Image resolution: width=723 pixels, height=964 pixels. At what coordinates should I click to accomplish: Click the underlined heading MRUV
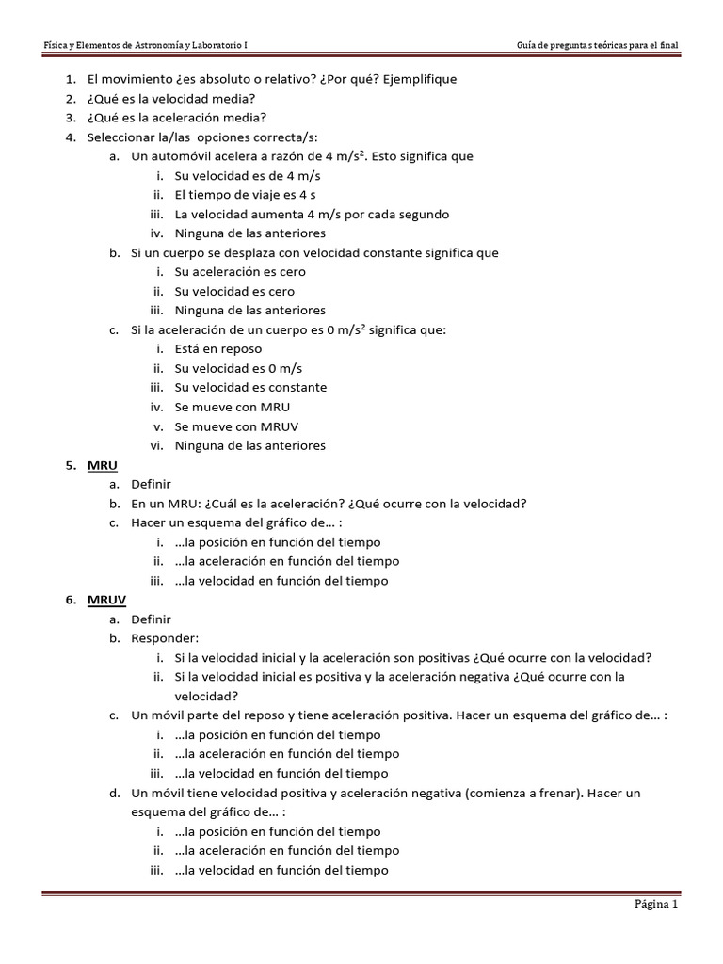(x=105, y=600)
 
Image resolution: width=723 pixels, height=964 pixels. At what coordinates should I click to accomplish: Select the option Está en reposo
(x=217, y=348)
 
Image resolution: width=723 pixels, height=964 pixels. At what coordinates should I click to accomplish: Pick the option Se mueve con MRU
(x=233, y=407)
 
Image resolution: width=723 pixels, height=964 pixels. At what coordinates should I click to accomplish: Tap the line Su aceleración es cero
(x=239, y=272)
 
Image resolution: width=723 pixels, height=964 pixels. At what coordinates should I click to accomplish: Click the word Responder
(x=166, y=638)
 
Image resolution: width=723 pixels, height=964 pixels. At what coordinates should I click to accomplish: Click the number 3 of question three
(x=71, y=118)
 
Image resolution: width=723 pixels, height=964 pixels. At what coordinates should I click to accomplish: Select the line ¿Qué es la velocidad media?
(x=169, y=99)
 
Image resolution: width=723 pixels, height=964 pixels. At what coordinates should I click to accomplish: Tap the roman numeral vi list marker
(x=157, y=445)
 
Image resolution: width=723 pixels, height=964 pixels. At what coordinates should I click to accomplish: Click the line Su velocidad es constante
(x=250, y=387)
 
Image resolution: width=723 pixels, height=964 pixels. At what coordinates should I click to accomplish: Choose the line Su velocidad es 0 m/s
(x=238, y=368)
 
